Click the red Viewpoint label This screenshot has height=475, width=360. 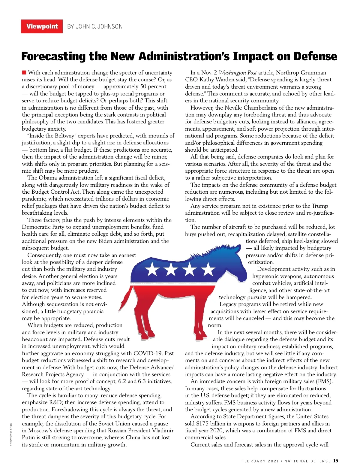[x=42, y=26]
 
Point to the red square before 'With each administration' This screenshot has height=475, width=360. [x=24, y=72]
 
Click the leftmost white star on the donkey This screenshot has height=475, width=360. [x=152, y=269]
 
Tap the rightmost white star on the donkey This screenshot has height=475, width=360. [x=208, y=269]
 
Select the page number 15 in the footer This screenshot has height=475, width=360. [x=335, y=461]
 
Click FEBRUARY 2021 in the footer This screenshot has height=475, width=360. [x=260, y=461]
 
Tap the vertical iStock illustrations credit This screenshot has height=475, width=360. [x=11, y=434]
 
